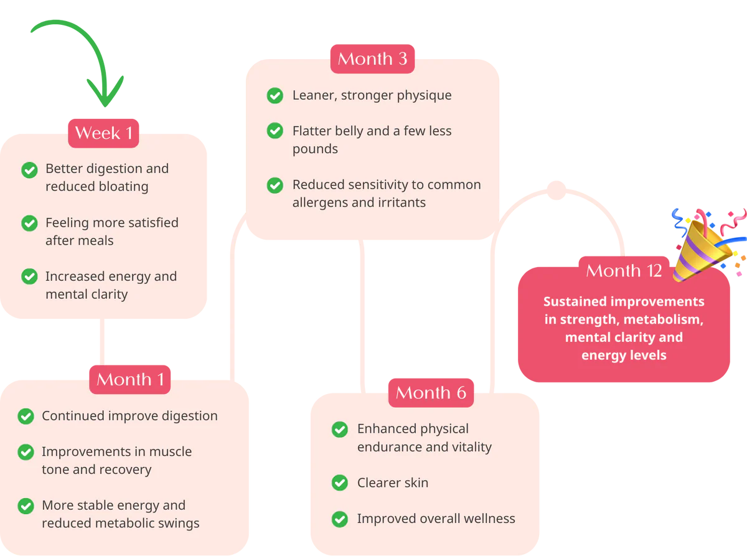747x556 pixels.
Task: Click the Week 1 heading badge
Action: click(x=103, y=133)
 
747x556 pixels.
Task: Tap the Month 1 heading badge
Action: click(x=129, y=379)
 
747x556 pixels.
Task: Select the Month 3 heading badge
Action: click(x=372, y=59)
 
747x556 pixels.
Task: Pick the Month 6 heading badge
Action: click(x=431, y=392)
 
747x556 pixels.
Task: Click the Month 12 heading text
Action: click(x=624, y=271)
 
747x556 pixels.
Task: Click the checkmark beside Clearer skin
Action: click(x=339, y=483)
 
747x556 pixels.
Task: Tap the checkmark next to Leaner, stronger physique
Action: click(x=275, y=95)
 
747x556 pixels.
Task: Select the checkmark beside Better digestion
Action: click(x=29, y=169)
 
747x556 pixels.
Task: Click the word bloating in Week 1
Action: click(x=123, y=186)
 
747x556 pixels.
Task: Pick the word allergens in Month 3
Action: click(x=321, y=202)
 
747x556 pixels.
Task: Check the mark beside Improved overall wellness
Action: click(x=339, y=519)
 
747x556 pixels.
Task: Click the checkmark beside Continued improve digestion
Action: click(x=26, y=416)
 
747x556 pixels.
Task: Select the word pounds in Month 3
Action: click(x=315, y=149)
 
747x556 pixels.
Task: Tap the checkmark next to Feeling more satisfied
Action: click(x=29, y=223)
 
